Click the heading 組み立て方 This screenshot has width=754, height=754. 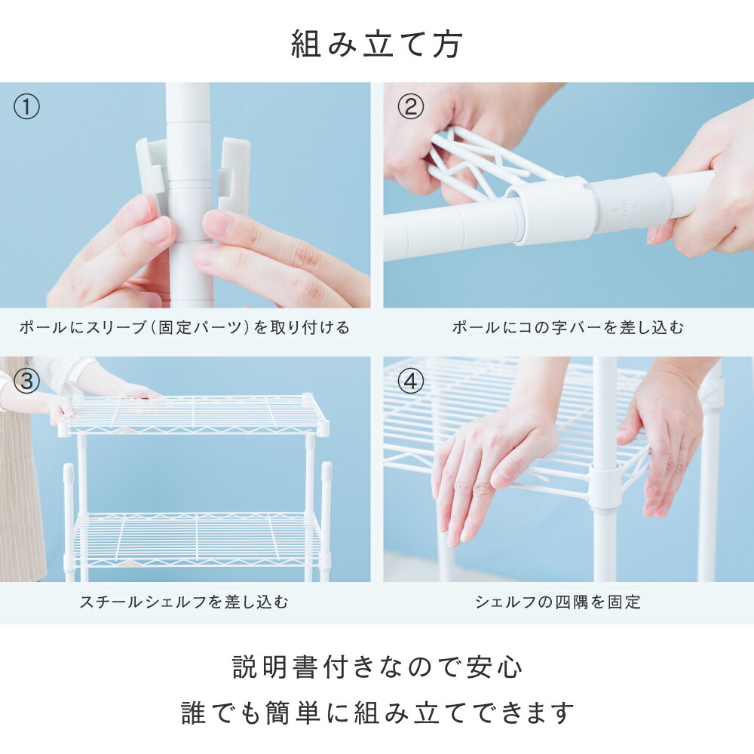click(376, 44)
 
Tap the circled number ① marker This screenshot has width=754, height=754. click(26, 107)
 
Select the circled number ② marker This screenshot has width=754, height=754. click(411, 107)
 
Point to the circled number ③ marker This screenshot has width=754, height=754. click(26, 382)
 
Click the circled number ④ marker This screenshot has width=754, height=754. click(411, 382)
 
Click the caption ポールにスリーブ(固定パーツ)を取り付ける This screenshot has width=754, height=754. click(185, 327)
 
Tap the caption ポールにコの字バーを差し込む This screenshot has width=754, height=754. click(568, 327)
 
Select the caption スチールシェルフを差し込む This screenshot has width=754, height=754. click(184, 602)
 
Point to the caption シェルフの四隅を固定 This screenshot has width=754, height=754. click(558, 602)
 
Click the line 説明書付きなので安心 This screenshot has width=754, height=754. click(377, 667)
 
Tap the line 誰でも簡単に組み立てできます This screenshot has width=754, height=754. click(377, 713)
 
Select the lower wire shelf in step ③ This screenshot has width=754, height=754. click(197, 538)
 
